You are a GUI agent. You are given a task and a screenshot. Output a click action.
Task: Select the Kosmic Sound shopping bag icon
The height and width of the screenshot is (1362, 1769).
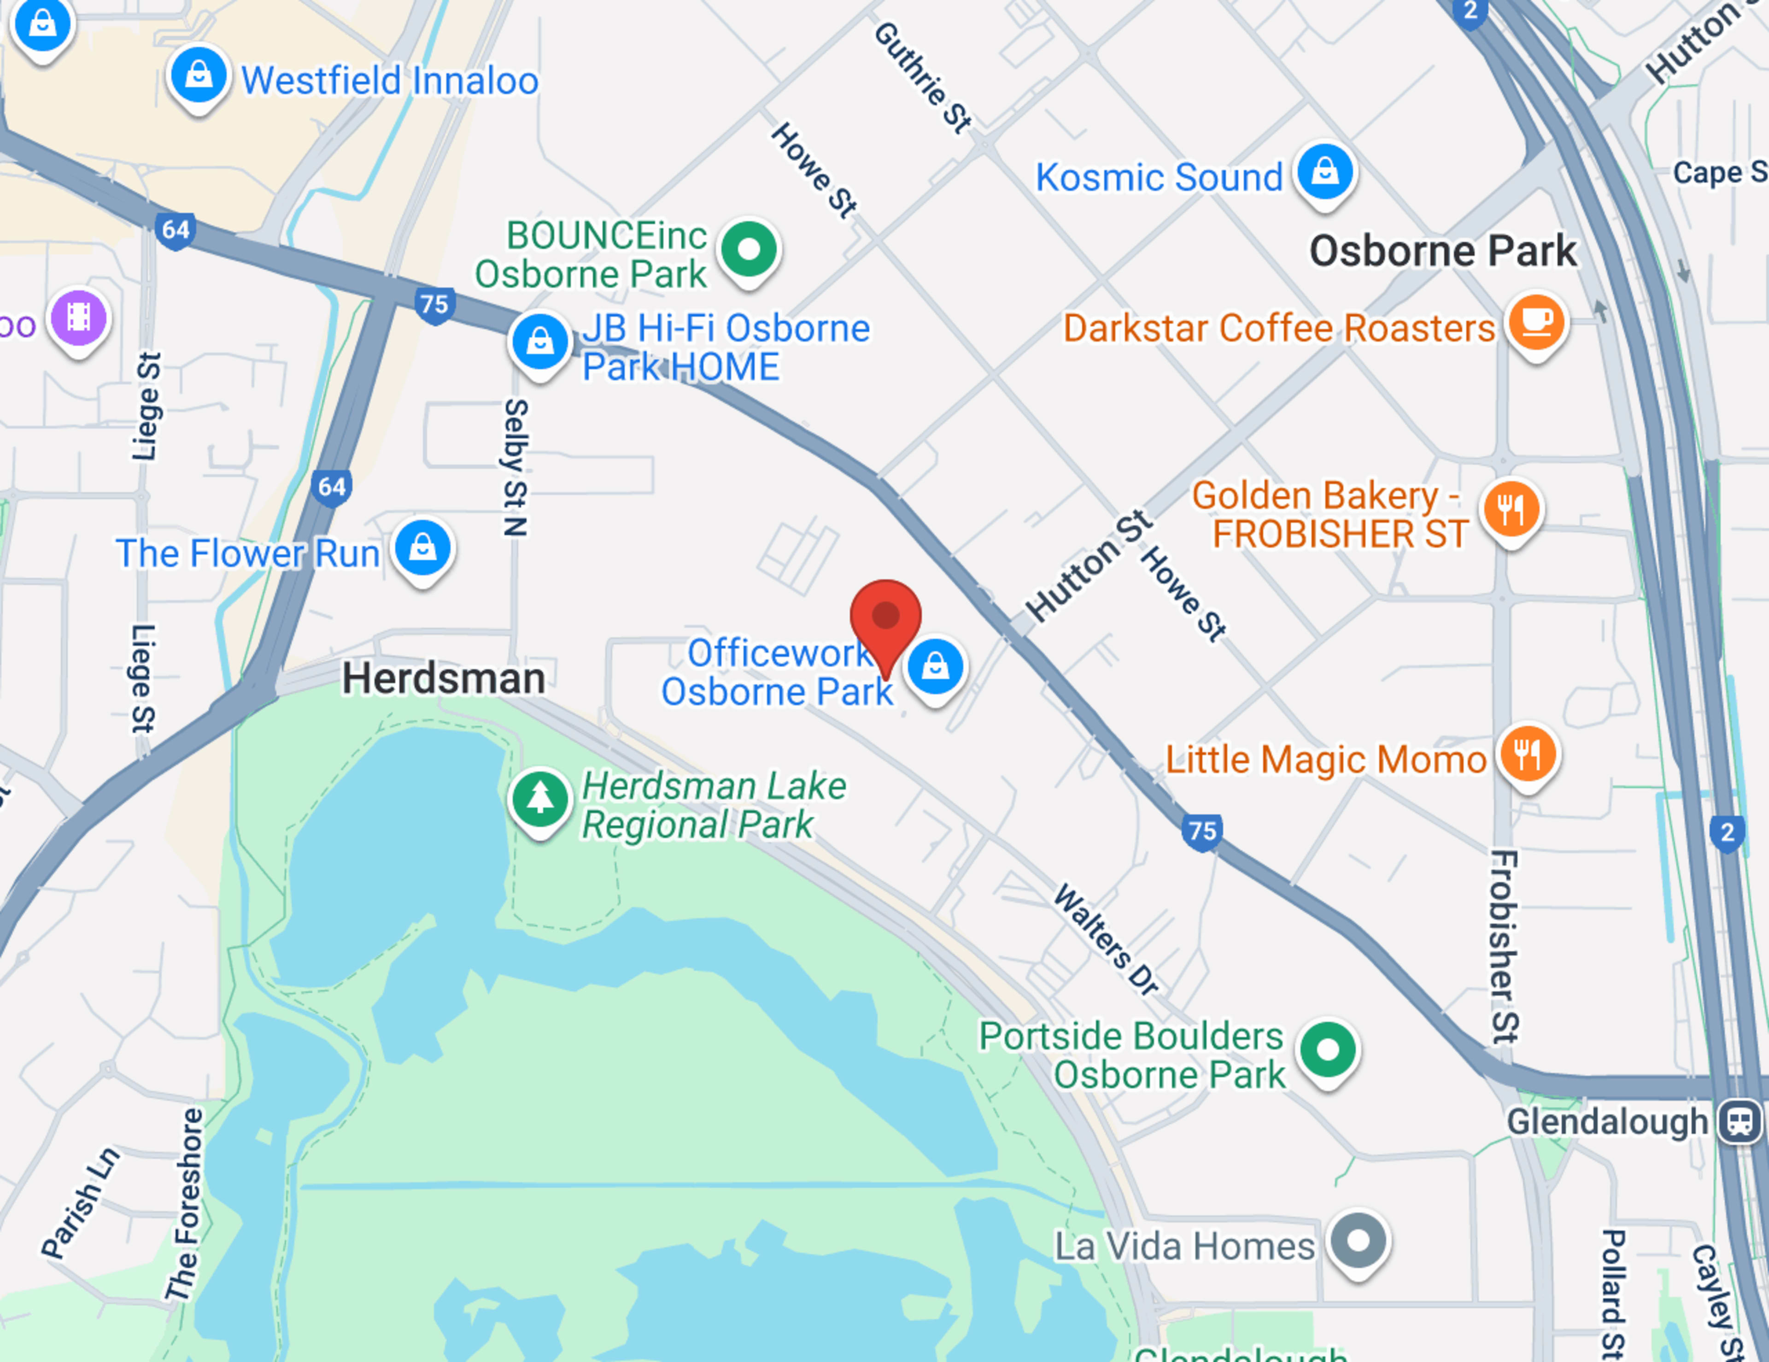pos(1325,172)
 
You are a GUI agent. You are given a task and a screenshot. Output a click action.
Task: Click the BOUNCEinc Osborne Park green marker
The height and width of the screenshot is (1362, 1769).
pos(749,249)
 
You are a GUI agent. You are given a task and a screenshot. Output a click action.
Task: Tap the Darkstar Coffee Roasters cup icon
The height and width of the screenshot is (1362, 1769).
pos(1536,322)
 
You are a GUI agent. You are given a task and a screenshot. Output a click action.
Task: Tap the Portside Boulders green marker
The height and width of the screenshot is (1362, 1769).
pos(1329,1049)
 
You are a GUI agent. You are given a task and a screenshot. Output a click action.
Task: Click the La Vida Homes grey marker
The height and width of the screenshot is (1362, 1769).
pos(1359,1240)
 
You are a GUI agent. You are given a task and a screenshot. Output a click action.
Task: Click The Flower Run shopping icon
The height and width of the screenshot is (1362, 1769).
pos(423,548)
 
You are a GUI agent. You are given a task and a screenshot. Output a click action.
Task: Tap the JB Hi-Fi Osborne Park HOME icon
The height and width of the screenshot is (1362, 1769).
pos(539,342)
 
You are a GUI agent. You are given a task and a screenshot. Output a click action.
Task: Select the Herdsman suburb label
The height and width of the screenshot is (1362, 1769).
pos(443,678)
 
